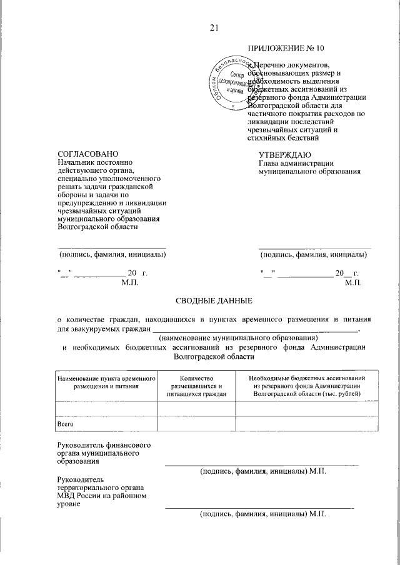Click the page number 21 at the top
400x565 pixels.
click(x=214, y=27)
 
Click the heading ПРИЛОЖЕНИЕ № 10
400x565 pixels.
click(x=286, y=48)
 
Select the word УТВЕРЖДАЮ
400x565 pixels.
click(x=284, y=154)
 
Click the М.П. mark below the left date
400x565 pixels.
click(x=131, y=283)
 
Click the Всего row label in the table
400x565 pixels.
click(x=66, y=424)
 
